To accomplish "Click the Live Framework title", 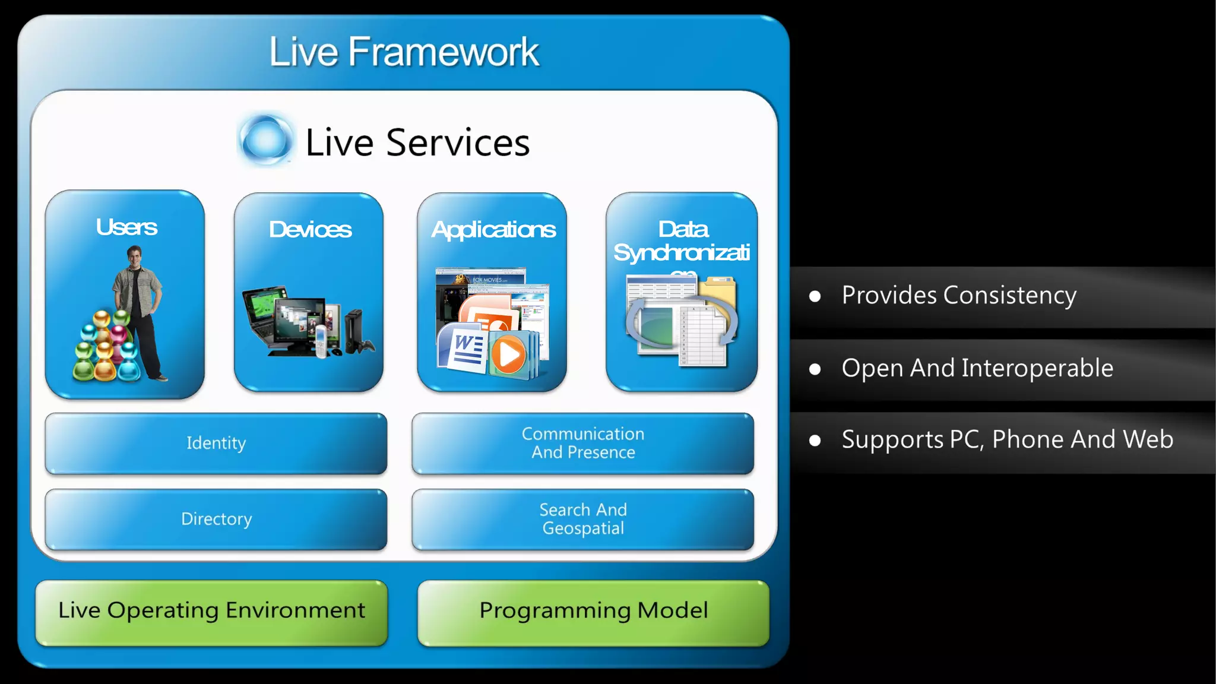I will tap(404, 52).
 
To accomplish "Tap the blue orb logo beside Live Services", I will tap(265, 140).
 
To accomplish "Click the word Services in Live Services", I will tap(457, 143).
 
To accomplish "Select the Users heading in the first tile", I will tap(126, 227).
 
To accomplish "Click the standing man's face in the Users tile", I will tap(135, 258).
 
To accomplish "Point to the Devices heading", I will tap(310, 229).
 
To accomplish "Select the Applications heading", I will tap(493, 229).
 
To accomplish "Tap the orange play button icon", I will tap(508, 355).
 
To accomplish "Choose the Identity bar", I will tap(216, 443).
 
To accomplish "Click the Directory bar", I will tap(216, 519).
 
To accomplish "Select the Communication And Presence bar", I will tap(582, 443).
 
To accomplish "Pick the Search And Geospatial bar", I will tap(582, 519).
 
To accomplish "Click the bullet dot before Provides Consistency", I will tap(815, 296).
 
